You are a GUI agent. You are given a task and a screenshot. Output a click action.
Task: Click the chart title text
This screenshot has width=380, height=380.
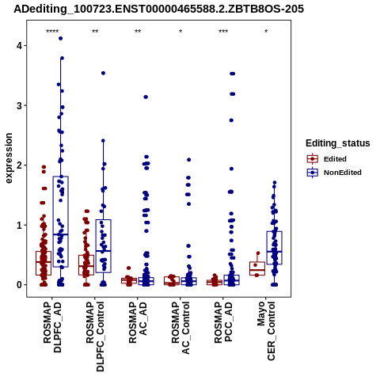coord(158,9)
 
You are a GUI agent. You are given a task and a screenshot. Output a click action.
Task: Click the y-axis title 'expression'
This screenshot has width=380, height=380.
coord(9,158)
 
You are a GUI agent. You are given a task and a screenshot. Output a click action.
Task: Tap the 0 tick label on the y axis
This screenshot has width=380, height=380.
coord(19,285)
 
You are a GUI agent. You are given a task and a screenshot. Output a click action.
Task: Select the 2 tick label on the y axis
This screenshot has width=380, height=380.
coord(19,165)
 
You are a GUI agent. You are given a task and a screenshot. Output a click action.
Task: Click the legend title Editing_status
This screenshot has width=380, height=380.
coord(338,143)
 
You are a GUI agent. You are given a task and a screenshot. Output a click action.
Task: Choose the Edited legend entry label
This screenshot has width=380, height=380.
coord(335,159)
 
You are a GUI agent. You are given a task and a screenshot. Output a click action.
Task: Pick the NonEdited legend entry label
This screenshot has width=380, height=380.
coord(343,173)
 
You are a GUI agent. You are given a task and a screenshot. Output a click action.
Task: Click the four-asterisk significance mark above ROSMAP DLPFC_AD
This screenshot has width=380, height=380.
coord(52,32)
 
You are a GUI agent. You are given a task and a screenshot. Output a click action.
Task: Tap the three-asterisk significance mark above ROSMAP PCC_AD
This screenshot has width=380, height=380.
coord(223,32)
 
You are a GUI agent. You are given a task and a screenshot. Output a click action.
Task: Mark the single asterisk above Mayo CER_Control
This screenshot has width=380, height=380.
coord(266,32)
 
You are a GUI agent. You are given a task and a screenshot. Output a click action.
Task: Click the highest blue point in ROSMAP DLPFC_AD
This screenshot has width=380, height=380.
coord(60,39)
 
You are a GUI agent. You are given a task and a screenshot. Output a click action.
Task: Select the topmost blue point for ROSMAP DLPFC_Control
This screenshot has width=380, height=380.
coord(103,73)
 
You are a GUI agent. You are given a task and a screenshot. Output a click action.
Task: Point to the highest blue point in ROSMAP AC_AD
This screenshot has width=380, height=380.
coord(146,97)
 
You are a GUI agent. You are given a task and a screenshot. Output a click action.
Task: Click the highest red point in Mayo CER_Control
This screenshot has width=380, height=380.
coord(258,253)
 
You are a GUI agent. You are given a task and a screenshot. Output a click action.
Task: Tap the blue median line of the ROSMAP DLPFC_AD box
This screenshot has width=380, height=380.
coord(61,234)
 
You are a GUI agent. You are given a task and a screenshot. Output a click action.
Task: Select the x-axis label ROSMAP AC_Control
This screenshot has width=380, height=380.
coord(180,328)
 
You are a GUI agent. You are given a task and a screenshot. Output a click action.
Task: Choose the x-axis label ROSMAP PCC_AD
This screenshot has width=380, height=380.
coord(223,322)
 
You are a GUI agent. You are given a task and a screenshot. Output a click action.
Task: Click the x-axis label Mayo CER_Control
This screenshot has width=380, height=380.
coord(266,331)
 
